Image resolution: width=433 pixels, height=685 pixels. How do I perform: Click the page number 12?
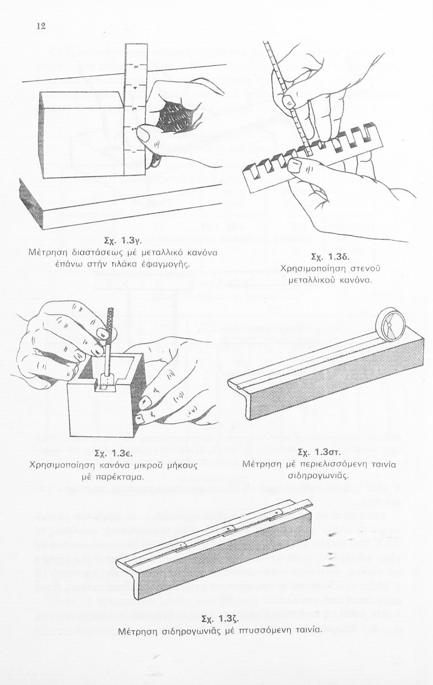(41, 26)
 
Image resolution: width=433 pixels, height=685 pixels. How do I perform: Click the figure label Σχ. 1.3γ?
(125, 240)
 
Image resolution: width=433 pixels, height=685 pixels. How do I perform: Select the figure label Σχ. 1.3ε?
(113, 454)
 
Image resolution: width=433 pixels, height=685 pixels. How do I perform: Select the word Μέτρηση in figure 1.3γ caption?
(48, 252)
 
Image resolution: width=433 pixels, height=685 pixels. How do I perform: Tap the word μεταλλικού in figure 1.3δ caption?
(310, 279)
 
